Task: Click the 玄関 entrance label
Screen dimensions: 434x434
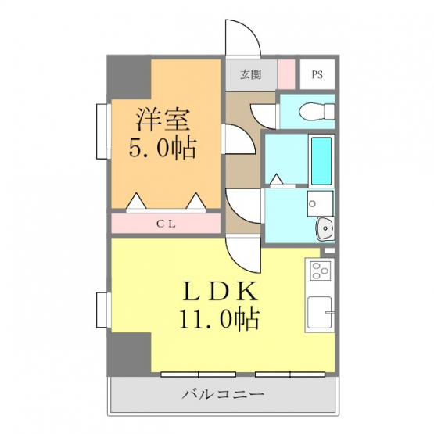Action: coord(250,74)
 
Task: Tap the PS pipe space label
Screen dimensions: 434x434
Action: coord(317,74)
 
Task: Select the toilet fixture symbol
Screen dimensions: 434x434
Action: coord(317,112)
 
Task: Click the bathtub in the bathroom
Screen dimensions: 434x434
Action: coord(321,161)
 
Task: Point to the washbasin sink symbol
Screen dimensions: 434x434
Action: coord(325,228)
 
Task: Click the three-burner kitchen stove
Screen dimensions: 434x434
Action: coord(321,271)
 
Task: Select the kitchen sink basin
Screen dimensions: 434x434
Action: coord(320,312)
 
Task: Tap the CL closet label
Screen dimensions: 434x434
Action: coord(166,224)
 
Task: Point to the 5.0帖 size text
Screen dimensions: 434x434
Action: coord(163,148)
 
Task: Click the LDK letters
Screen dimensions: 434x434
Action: coord(221,292)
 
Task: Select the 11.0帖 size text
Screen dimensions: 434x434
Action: coord(220,318)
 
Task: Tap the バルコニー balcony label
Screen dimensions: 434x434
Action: coord(223,394)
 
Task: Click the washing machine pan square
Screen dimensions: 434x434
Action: coord(321,203)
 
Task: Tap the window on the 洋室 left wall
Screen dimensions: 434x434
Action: coord(103,131)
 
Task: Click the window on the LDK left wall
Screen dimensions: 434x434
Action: coord(103,310)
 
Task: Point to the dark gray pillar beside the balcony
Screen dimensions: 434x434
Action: coord(129,354)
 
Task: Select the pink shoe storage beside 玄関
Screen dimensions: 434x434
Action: coord(286,74)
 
